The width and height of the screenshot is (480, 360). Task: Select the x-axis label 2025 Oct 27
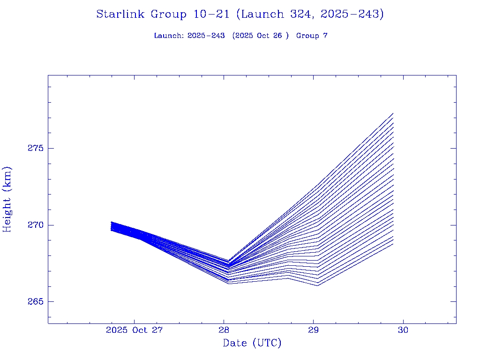134,330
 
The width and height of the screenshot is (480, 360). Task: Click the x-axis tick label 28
224,330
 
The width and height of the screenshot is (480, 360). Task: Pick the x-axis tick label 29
314,330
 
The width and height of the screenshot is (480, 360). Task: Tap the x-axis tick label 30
403,330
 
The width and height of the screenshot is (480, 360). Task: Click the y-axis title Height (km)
7,199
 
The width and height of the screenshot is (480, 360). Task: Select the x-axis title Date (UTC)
252,344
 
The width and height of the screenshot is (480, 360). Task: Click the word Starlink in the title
121,15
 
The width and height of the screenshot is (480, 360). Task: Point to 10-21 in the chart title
211,15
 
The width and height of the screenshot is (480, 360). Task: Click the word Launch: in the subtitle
169,36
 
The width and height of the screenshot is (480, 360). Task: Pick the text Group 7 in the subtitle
312,36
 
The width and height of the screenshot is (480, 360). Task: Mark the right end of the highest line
393,113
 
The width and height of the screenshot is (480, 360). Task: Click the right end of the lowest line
393,244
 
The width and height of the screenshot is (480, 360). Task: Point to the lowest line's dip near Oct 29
318,285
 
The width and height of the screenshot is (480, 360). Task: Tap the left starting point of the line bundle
111,226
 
